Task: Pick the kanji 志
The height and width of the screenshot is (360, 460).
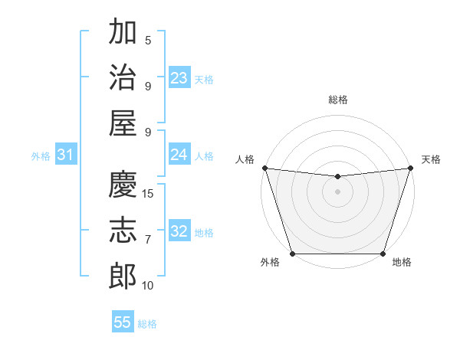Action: point(123,230)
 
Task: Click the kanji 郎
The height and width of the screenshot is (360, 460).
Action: point(123,275)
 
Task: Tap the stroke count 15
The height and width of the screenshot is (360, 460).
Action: point(149,194)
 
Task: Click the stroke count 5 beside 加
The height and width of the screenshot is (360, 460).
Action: point(149,41)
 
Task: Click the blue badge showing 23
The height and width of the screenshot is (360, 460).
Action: point(179,78)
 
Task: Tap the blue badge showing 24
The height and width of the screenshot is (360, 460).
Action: point(179,155)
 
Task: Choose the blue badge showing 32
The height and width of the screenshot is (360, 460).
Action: point(179,231)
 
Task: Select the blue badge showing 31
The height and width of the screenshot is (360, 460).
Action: point(66,155)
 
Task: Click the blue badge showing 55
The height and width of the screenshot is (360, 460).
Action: point(123,322)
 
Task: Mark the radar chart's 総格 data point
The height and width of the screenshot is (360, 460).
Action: point(337,177)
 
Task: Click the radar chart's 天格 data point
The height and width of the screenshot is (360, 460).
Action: point(410,168)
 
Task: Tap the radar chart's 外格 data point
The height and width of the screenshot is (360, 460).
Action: point(292,254)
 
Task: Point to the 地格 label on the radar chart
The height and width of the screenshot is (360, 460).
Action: point(402,263)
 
